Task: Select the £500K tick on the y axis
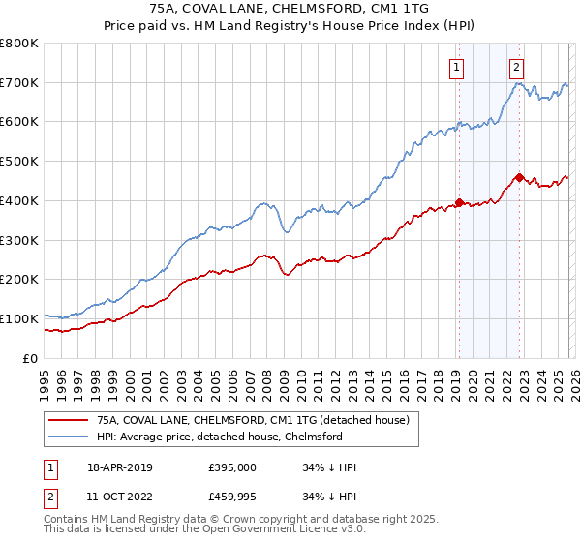(19, 162)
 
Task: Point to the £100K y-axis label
(19, 318)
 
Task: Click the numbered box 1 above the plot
(456, 67)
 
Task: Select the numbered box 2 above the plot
(517, 67)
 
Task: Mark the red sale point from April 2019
(459, 202)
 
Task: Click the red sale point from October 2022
(519, 177)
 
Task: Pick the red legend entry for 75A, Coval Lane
(254, 420)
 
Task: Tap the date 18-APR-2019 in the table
(119, 467)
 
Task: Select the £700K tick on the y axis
(19, 83)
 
